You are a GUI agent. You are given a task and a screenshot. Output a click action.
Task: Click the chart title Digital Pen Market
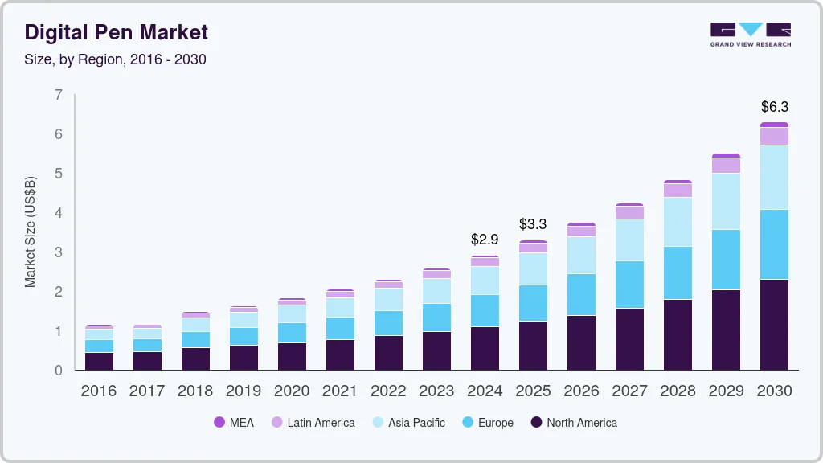click(117, 32)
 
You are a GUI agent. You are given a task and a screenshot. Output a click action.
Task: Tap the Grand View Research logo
click(751, 35)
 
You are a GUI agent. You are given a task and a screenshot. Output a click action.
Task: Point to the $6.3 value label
click(774, 106)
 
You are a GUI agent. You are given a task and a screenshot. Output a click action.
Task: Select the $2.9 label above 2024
click(485, 239)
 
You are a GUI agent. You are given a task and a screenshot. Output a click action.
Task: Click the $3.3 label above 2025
click(533, 223)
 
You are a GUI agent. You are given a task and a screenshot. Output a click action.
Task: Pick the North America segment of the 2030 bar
click(774, 324)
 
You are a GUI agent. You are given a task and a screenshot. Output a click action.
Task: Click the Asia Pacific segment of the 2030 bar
click(774, 177)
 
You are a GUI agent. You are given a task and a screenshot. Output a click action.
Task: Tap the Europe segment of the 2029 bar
click(726, 259)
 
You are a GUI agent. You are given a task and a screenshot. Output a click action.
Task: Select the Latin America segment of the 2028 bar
click(678, 191)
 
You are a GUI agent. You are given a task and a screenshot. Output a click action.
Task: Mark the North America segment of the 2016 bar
click(99, 361)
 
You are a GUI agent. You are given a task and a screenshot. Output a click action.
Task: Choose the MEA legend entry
click(234, 422)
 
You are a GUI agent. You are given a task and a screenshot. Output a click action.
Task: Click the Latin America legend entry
click(313, 422)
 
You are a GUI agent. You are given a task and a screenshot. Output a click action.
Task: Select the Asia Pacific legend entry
click(408, 422)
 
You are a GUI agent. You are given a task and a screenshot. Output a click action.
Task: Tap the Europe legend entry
click(487, 422)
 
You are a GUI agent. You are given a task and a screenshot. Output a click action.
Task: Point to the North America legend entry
click(574, 422)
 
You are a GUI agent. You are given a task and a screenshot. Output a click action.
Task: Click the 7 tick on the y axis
click(58, 95)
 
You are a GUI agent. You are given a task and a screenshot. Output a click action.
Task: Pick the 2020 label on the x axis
click(292, 391)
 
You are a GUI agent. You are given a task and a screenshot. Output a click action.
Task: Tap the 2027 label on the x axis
click(629, 391)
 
